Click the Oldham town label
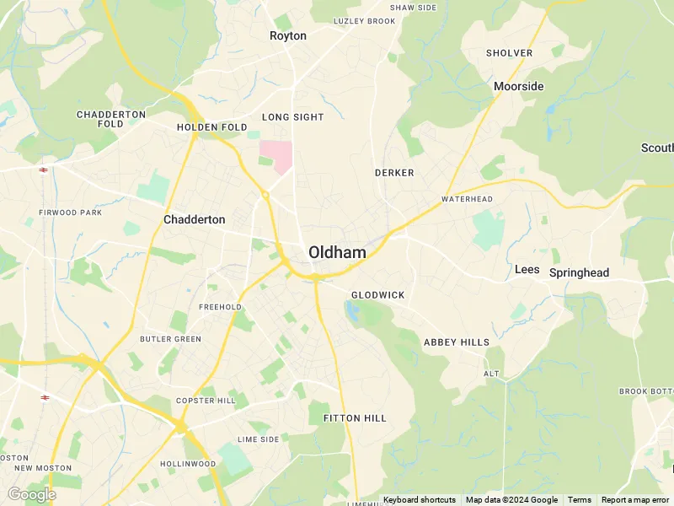pyautogui.click(x=337, y=252)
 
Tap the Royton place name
pyautogui.click(x=288, y=36)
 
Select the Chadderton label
pyautogui.click(x=194, y=219)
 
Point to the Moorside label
pyautogui.click(x=518, y=86)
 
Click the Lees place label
pyautogui.click(x=527, y=269)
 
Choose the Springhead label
pyautogui.click(x=579, y=273)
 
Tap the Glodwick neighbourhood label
pyautogui.click(x=377, y=295)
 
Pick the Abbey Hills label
pyautogui.click(x=456, y=342)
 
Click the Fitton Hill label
pyautogui.click(x=354, y=418)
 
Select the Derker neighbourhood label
pyautogui.click(x=394, y=173)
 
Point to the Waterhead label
pyautogui.click(x=467, y=199)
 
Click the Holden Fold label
pyautogui.click(x=212, y=127)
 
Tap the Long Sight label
pyautogui.click(x=292, y=117)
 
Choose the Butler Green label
pyautogui.click(x=170, y=339)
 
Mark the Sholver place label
pyautogui.click(x=509, y=53)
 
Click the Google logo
pyautogui.click(x=31, y=494)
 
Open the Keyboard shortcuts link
pyautogui.click(x=419, y=500)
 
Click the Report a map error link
pyautogui.click(x=636, y=500)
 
